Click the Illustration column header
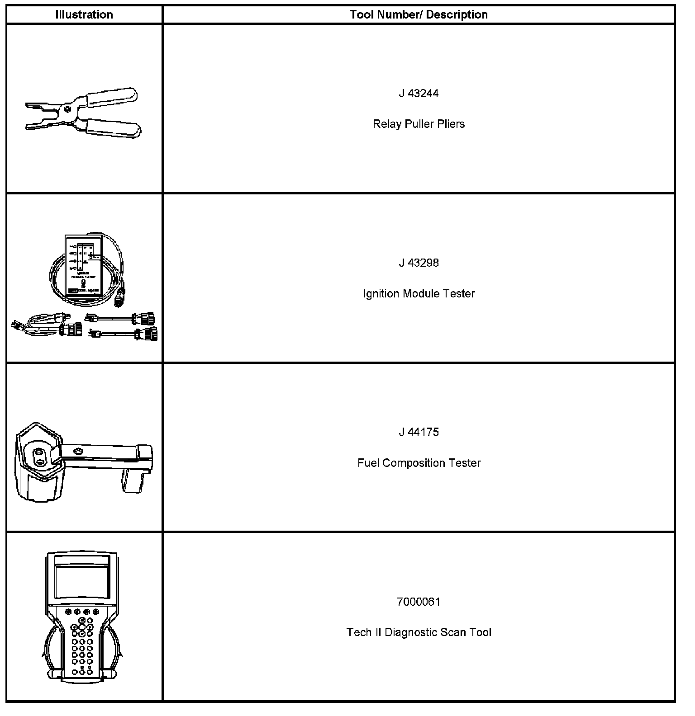pyautogui.click(x=84, y=14)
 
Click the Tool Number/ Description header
pyautogui.click(x=419, y=14)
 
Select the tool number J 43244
pyautogui.click(x=419, y=94)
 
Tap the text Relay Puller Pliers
pyautogui.click(x=419, y=124)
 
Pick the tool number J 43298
pyautogui.click(x=419, y=263)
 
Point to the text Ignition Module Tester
pyautogui.click(x=419, y=293)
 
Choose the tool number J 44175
pyautogui.click(x=419, y=432)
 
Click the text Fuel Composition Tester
pyautogui.click(x=419, y=463)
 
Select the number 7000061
pyautogui.click(x=419, y=602)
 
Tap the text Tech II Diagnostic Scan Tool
pyautogui.click(x=419, y=632)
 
